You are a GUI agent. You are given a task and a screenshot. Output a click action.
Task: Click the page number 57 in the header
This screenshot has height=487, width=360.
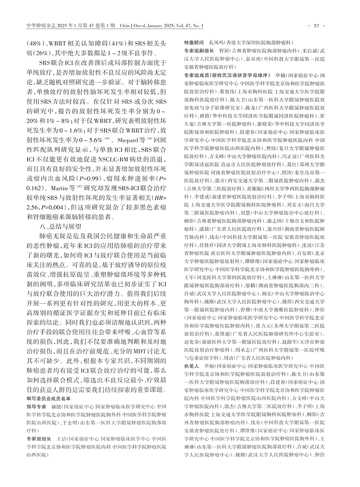(x=316, y=26)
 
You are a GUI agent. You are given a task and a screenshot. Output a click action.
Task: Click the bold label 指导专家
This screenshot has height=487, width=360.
(x=37, y=407)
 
